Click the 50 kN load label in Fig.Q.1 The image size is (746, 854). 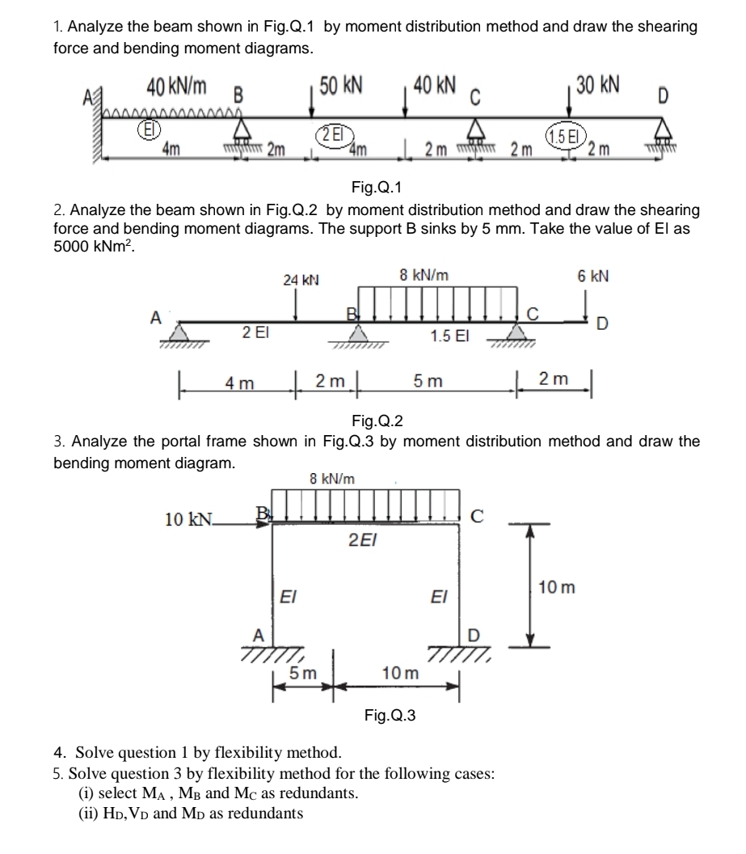[342, 86]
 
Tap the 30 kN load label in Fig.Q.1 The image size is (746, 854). [598, 86]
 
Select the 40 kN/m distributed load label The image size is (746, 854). [175, 85]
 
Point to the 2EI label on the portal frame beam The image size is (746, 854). [360, 538]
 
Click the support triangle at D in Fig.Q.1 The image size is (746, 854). [666, 127]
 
